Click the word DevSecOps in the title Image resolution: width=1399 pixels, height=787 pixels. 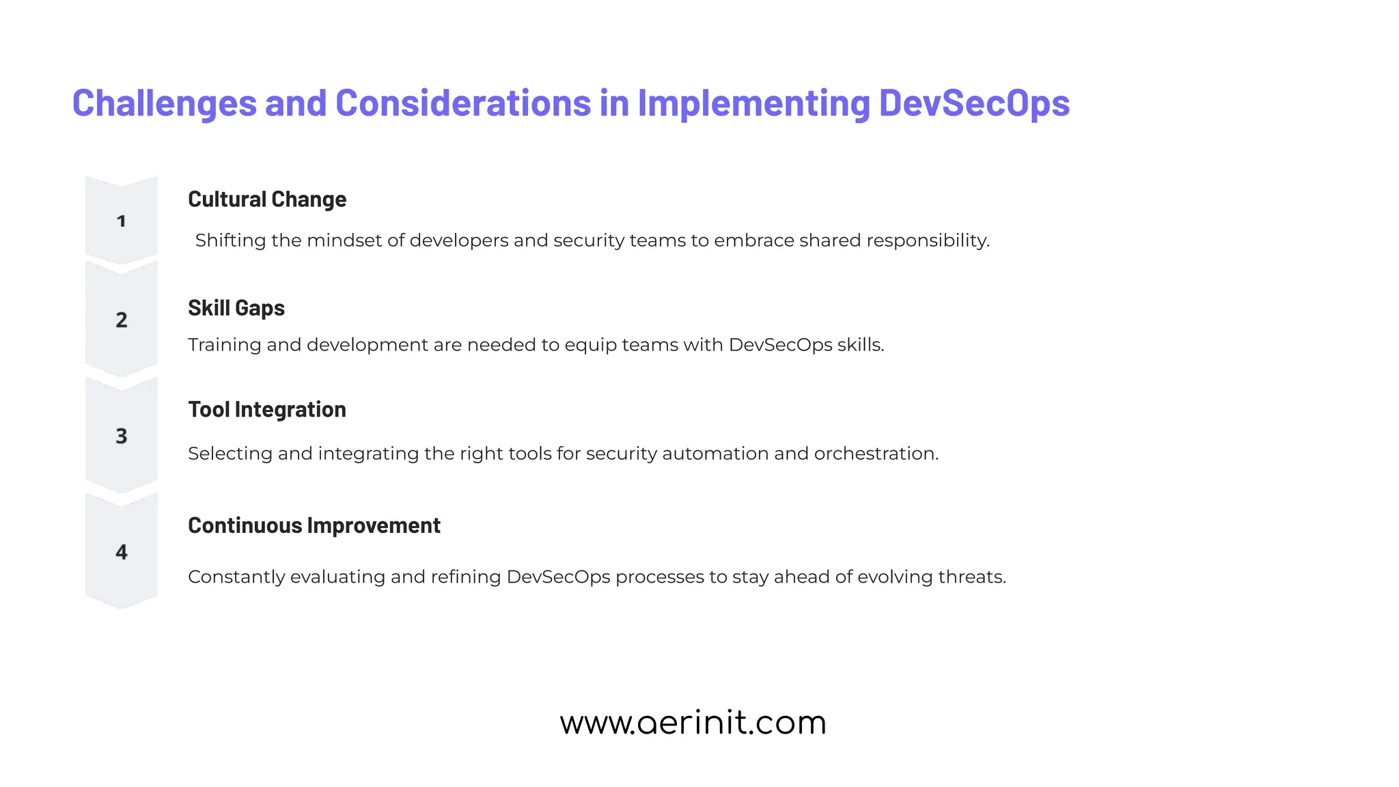point(973,104)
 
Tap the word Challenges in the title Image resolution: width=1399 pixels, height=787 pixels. point(164,104)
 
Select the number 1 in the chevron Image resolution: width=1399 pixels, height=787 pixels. point(122,221)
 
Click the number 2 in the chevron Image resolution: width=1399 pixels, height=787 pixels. point(122,320)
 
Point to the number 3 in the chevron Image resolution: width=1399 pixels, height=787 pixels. point(122,436)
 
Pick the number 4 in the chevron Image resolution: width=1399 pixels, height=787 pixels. point(122,552)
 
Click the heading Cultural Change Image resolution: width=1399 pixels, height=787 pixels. point(267,199)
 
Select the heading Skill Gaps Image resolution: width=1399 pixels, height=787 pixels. point(236,308)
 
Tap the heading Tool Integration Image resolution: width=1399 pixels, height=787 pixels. point(267,410)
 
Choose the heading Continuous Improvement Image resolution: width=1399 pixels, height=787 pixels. point(314,525)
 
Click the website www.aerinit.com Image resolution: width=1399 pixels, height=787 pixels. point(693,723)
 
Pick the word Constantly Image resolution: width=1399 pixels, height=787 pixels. point(236,577)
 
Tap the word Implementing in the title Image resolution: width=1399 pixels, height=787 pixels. point(753,104)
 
